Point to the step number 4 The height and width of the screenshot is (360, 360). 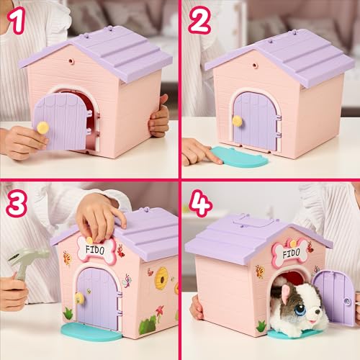tap(200, 203)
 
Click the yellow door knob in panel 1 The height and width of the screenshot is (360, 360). tap(43, 127)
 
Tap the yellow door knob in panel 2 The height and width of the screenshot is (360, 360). tap(237, 121)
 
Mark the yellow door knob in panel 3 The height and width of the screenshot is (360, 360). tap(79, 297)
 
